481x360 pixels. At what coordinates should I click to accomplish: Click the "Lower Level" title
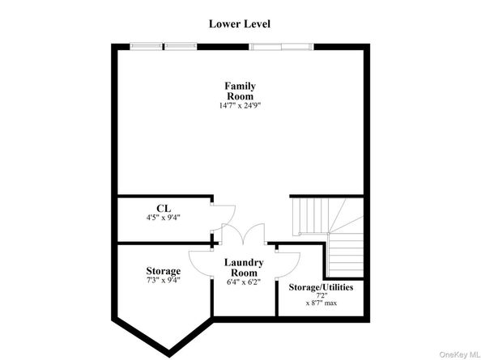[240, 24]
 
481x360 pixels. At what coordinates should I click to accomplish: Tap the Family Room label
[240, 91]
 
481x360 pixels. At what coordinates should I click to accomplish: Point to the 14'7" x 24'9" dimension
[240, 106]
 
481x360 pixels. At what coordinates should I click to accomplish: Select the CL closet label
[164, 209]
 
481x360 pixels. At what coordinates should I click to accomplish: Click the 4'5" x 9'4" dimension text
[163, 218]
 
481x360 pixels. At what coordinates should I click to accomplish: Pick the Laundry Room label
[244, 268]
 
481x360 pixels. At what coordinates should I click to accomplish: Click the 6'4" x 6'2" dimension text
[244, 282]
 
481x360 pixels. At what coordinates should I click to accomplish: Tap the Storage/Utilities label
[321, 287]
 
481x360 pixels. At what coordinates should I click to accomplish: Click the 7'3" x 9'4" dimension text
[163, 280]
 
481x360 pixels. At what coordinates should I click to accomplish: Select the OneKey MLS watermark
[460, 355]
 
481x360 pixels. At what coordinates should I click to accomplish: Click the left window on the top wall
[163, 46]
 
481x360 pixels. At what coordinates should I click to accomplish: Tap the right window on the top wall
[281, 47]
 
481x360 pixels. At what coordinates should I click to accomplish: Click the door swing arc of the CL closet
[232, 218]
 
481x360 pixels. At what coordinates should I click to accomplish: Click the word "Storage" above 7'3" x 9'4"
[164, 271]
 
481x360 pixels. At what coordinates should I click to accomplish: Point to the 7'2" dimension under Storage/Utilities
[321, 295]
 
